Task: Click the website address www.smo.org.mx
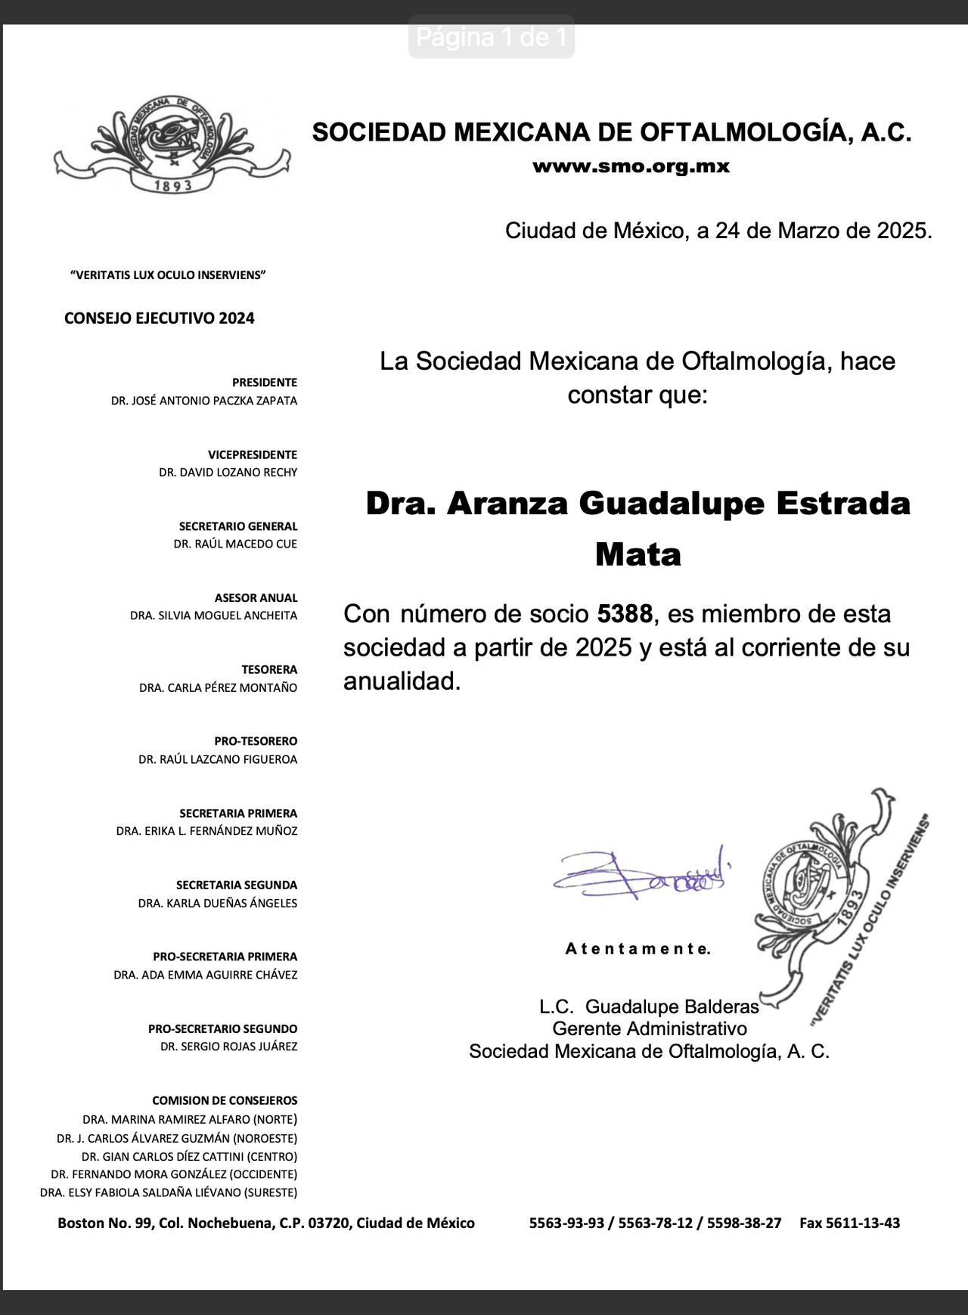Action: [x=631, y=167]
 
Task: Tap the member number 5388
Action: [x=625, y=613]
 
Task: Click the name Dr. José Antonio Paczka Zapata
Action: [x=203, y=401]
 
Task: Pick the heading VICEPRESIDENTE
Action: [x=253, y=454]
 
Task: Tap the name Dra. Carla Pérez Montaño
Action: [x=218, y=688]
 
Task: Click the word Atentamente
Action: [x=638, y=949]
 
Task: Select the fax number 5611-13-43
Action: [x=849, y=1223]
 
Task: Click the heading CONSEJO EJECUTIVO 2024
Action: [x=159, y=318]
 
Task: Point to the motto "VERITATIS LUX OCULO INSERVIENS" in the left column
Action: [x=167, y=275]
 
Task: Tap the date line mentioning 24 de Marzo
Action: [x=718, y=230]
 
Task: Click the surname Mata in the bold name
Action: [x=638, y=554]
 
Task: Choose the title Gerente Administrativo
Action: [x=649, y=1028]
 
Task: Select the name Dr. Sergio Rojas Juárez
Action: [x=228, y=1047]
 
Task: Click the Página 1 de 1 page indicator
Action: [x=492, y=37]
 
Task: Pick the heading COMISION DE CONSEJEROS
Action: [x=225, y=1100]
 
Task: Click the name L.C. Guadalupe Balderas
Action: [x=648, y=1006]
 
